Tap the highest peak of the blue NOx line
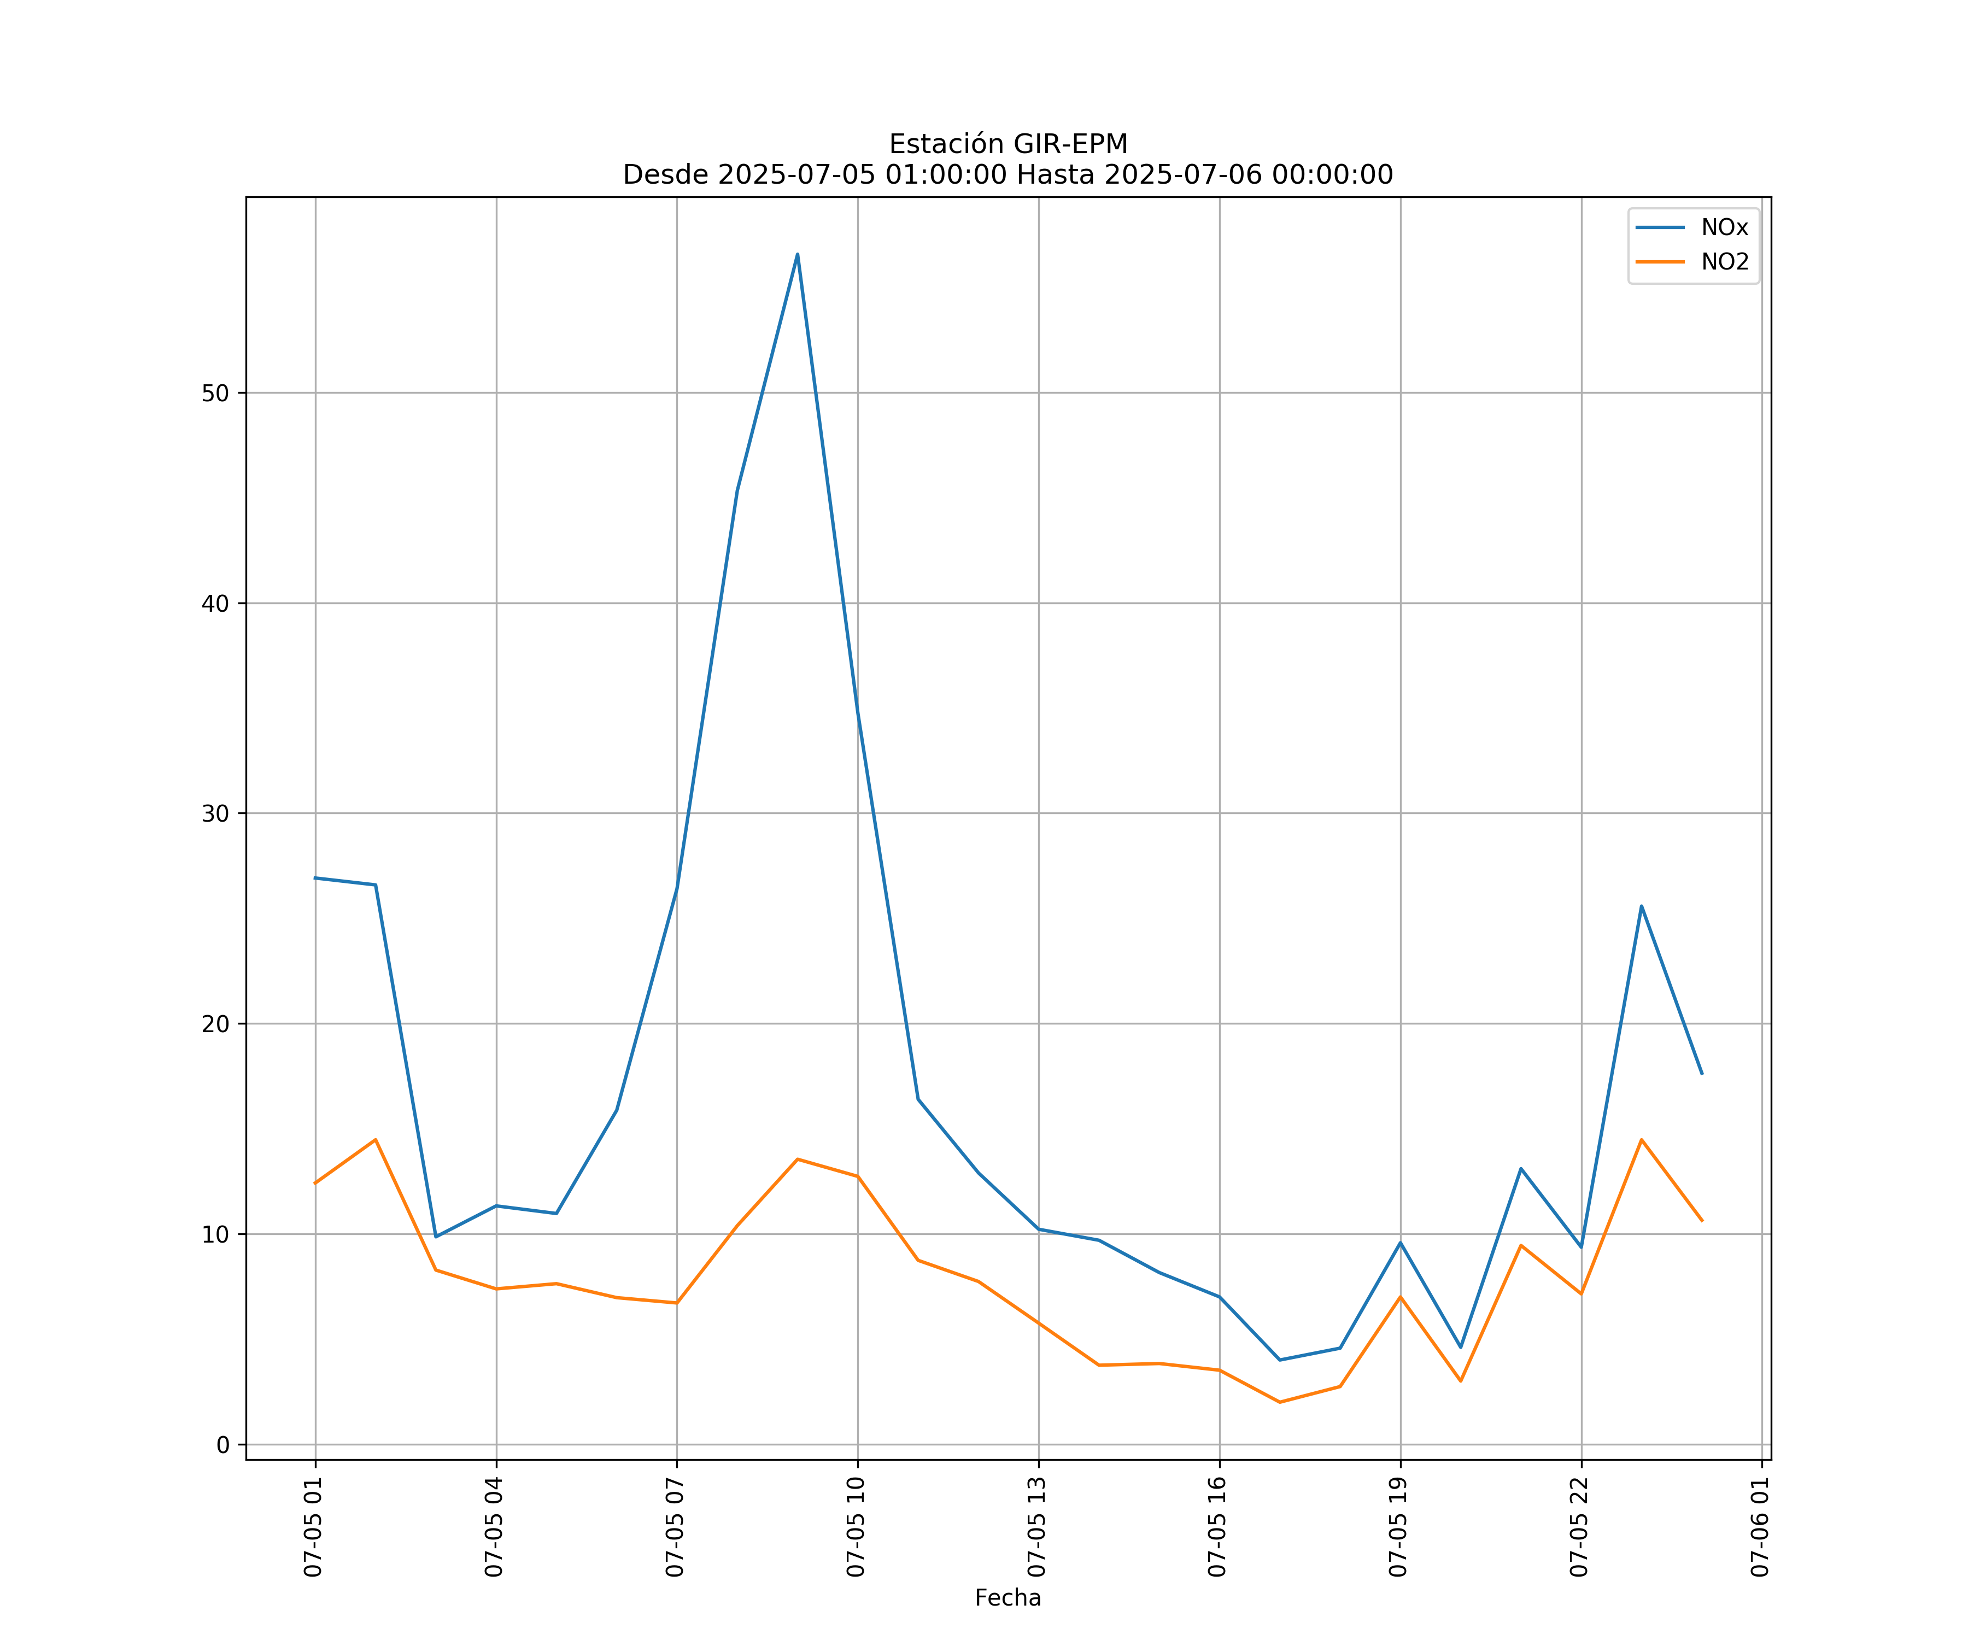click(x=798, y=254)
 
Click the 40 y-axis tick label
click(x=215, y=604)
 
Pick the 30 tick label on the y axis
click(x=215, y=813)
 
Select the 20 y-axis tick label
click(x=215, y=1023)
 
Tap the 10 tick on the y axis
click(x=215, y=1234)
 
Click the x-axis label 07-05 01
click(x=313, y=1527)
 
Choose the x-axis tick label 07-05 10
click(x=856, y=1527)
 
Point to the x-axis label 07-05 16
click(x=1217, y=1527)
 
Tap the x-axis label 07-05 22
click(x=1579, y=1527)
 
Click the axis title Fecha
click(x=1008, y=1598)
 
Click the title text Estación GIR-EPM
click(x=1008, y=144)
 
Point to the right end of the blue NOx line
click(x=1702, y=1074)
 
